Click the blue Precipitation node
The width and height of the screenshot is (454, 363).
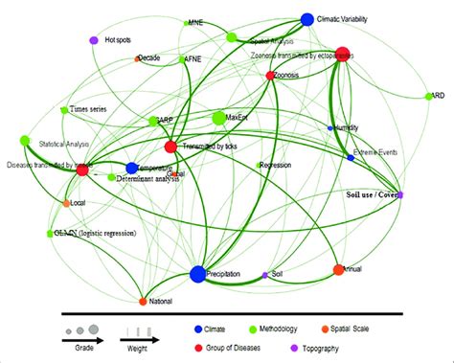pyautogui.click(x=197, y=275)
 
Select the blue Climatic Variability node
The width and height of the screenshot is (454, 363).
pyautogui.click(x=307, y=19)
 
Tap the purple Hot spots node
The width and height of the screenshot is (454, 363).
pyautogui.click(x=94, y=40)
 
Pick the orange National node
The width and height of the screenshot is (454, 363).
pyautogui.click(x=142, y=301)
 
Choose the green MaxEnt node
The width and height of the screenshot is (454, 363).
pyautogui.click(x=218, y=118)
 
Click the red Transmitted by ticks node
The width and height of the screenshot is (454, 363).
pyautogui.click(x=170, y=147)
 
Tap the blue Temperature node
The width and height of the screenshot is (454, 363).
pyautogui.click(x=131, y=169)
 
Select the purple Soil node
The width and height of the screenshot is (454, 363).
pyautogui.click(x=264, y=276)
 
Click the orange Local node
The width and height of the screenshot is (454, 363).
pyautogui.click(x=66, y=203)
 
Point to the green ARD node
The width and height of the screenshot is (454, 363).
pyautogui.click(x=430, y=96)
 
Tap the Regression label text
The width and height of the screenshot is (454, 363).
pyautogui.click(x=275, y=166)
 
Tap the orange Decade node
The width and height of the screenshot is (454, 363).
pyautogui.click(x=138, y=59)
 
